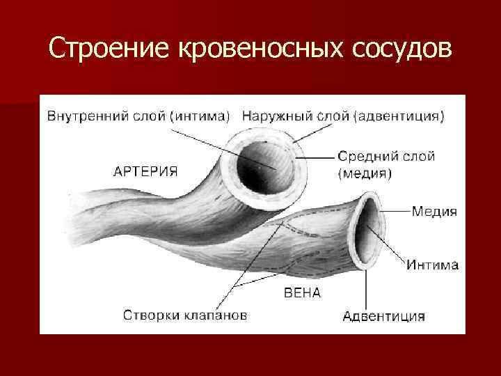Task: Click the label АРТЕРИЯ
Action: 145,171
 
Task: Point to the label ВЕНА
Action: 302,293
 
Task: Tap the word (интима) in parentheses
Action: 198,116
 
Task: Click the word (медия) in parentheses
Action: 364,174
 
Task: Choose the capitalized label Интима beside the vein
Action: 433,265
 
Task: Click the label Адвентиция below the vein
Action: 383,316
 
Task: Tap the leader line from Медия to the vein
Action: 393,210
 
